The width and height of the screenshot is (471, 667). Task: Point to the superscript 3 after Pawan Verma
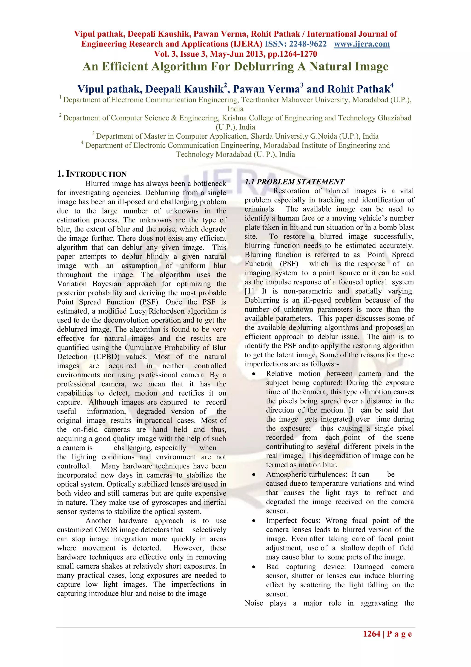[302, 85]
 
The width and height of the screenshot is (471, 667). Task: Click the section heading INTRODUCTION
[96, 174]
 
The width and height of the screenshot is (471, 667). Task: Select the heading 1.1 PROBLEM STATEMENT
[294, 182]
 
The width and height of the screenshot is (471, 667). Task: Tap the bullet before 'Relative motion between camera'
[254, 374]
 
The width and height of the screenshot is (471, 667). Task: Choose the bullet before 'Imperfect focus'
[254, 521]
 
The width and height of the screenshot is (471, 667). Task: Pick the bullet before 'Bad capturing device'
[254, 567]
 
